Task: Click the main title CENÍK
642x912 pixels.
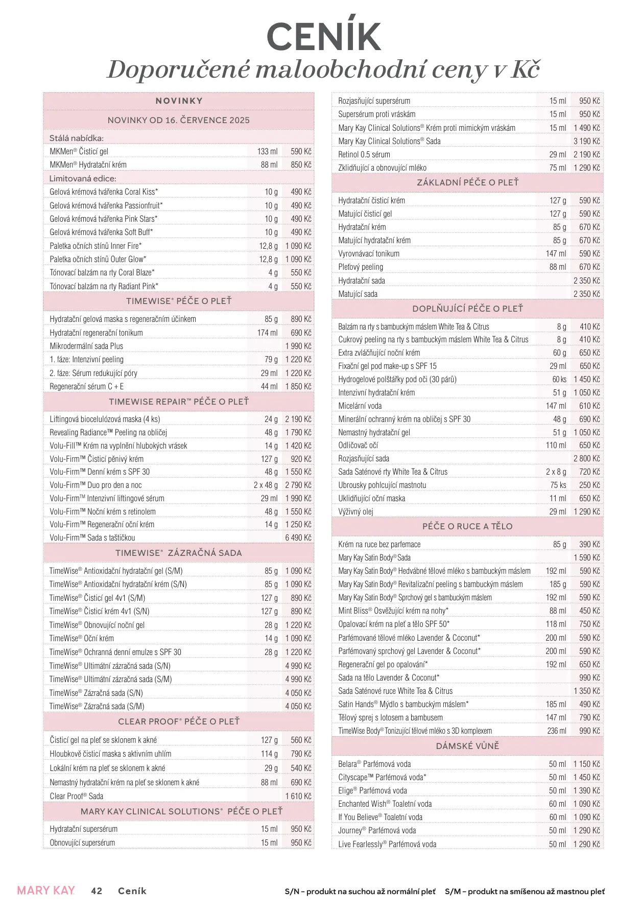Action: pos(324,37)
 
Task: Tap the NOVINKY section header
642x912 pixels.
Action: pos(179,101)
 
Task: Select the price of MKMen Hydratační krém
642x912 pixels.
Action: pos(301,165)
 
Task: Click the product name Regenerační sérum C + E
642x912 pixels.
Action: pos(87,386)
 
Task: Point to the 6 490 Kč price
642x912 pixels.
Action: pos(298,537)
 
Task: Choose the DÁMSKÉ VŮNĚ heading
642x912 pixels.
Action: pos(467,746)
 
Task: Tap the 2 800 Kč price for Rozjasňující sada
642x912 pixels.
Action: pos(586,458)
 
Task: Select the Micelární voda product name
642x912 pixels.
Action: pos(360,406)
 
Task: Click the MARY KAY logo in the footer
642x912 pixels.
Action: pos(46,891)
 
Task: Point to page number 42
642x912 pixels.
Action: pos(97,891)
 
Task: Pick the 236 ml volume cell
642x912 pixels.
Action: pos(557,731)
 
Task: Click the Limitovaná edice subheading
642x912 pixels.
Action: pos(83,178)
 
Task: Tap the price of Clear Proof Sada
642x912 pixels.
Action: pos(298,796)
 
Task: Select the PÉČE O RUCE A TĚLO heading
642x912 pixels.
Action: pos(467,526)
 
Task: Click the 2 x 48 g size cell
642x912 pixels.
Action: pos(266,485)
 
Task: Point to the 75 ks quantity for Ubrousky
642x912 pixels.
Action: pos(558,485)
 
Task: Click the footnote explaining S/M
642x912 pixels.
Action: pos(525,892)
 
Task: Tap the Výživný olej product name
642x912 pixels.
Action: pos(356,511)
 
